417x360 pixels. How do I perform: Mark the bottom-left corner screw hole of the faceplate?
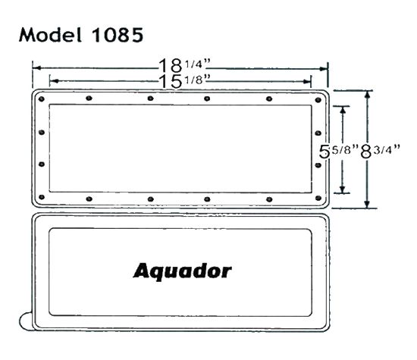(x=42, y=198)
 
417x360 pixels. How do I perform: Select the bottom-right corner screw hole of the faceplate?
(x=320, y=198)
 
